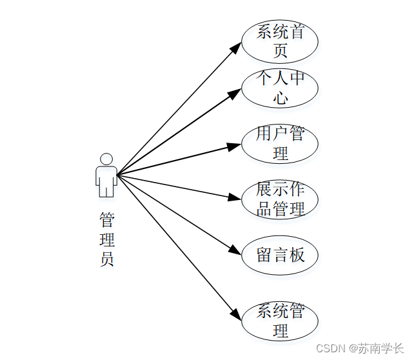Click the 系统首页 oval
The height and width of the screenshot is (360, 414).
(279, 41)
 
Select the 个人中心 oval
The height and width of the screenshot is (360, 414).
(279, 88)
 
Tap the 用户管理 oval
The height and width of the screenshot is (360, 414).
(279, 144)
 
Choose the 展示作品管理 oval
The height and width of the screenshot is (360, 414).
(279, 199)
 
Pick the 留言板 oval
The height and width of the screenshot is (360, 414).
(279, 255)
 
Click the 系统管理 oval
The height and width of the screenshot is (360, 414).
(279, 321)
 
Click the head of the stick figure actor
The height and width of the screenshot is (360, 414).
(106, 159)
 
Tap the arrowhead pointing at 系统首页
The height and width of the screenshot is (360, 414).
(237, 46)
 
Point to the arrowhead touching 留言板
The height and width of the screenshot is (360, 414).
(235, 250)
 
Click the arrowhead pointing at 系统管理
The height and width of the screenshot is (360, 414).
(236, 315)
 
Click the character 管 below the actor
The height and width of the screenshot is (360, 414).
(107, 220)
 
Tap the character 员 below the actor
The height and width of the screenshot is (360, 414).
(107, 260)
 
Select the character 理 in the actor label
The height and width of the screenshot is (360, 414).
(107, 240)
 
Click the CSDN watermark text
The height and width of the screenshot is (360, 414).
(331, 348)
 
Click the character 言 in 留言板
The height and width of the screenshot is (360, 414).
(280, 255)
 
